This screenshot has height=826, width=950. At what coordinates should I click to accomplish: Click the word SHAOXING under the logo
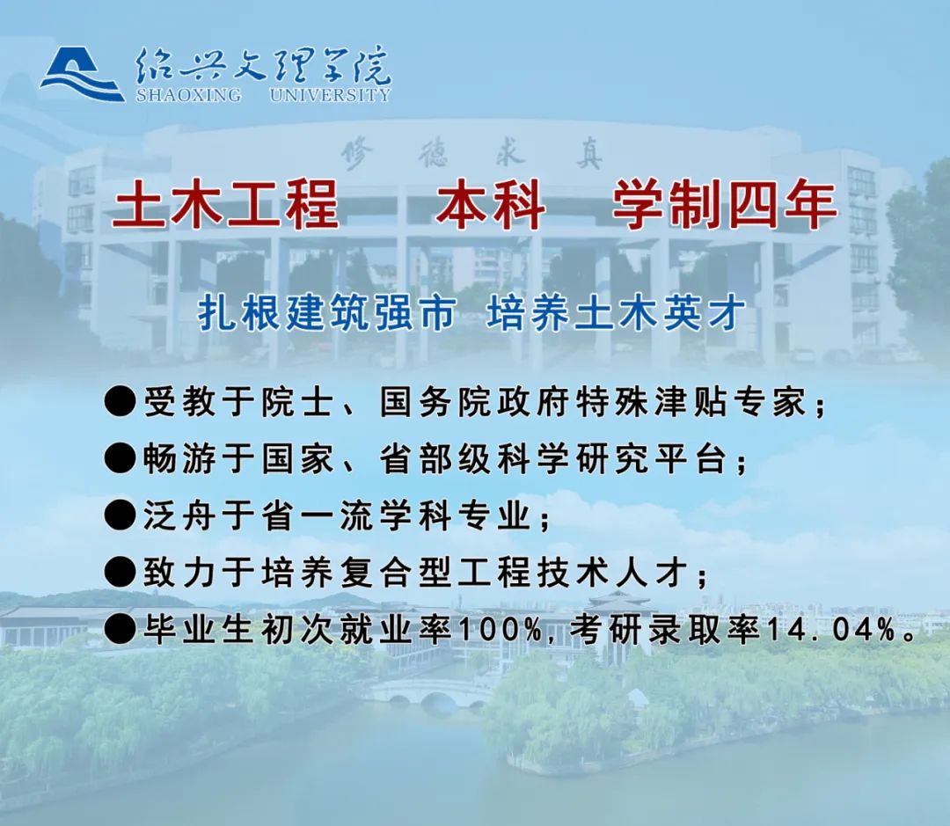coord(188,95)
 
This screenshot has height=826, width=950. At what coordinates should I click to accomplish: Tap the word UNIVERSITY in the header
coord(330,95)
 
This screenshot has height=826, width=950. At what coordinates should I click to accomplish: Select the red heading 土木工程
coord(225,206)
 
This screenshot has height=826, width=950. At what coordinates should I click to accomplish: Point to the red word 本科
coord(490,206)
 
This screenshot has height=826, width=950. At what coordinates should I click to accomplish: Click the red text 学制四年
coord(725,206)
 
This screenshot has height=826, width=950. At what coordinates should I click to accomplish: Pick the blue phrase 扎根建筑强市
coord(327,314)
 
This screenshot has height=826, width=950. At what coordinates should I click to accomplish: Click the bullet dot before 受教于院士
coord(120,402)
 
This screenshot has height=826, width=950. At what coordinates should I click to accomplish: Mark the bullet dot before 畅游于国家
coord(120,458)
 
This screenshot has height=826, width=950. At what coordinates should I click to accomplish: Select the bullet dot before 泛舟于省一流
coord(120,515)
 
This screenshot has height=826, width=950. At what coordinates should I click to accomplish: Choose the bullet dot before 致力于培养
coord(120,572)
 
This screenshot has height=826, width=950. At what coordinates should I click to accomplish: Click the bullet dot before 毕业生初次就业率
coord(120,630)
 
